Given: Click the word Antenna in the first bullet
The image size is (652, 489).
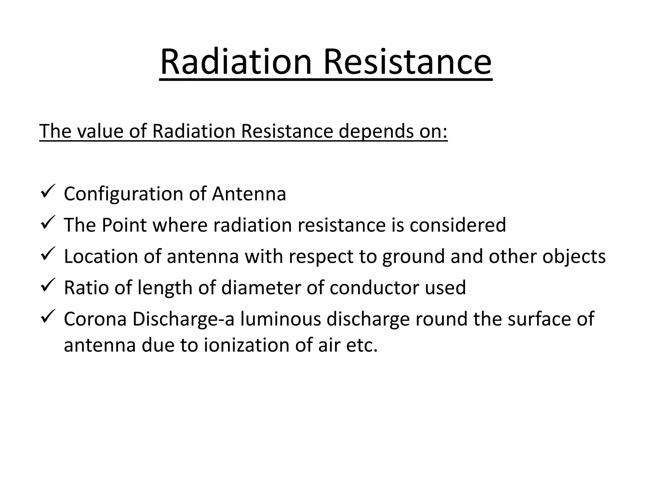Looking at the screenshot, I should pos(249,194).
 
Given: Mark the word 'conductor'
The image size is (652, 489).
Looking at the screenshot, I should pos(374,287).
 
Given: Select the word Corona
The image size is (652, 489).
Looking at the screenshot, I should pos(95,319).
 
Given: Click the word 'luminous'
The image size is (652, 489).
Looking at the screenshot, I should pos(280,319).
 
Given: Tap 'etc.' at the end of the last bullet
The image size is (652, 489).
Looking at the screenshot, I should pos(363,345).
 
